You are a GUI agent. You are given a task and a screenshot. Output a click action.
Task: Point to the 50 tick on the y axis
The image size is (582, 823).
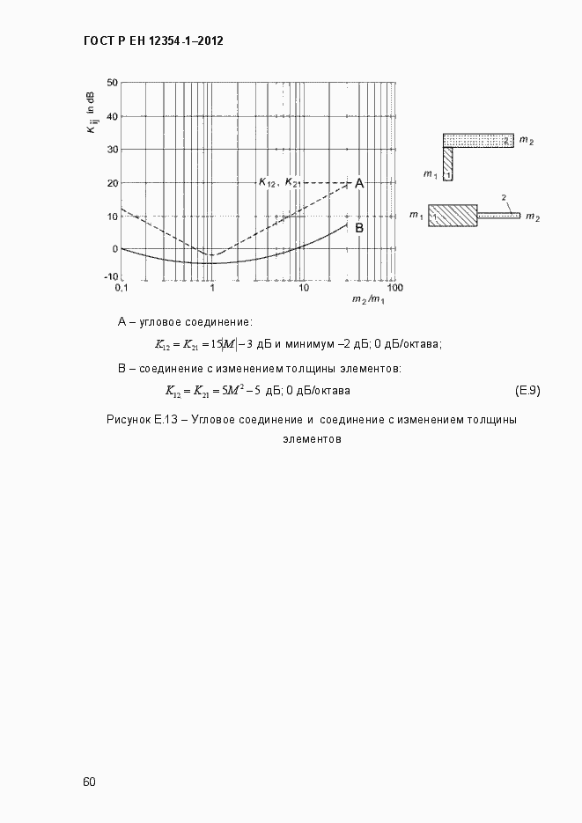click(x=112, y=83)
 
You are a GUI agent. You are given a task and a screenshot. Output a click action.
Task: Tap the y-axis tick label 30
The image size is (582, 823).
click(x=112, y=150)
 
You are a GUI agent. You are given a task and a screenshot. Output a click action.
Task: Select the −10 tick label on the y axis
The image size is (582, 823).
click(x=110, y=276)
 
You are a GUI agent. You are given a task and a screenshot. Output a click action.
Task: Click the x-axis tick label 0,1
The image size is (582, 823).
click(x=122, y=288)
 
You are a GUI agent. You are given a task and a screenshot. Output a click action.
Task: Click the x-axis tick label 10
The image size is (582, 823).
click(x=302, y=288)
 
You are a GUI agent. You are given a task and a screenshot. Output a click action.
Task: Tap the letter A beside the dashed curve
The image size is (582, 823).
click(x=359, y=183)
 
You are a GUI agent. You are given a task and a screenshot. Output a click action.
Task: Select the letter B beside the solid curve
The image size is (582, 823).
click(x=359, y=227)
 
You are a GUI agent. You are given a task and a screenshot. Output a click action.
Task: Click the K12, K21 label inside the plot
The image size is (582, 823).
click(x=279, y=182)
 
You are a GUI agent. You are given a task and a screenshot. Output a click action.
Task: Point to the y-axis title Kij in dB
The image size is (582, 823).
click(x=91, y=113)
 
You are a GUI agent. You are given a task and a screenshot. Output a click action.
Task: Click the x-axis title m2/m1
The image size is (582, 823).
click(x=368, y=300)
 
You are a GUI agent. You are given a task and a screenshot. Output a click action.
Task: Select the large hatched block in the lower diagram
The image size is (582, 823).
click(x=453, y=216)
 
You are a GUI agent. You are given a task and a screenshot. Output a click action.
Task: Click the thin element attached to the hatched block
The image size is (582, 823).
click(x=498, y=216)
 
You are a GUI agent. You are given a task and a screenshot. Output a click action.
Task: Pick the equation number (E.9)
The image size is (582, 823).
click(x=527, y=390)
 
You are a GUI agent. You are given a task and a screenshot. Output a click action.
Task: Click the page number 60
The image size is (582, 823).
click(x=89, y=782)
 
